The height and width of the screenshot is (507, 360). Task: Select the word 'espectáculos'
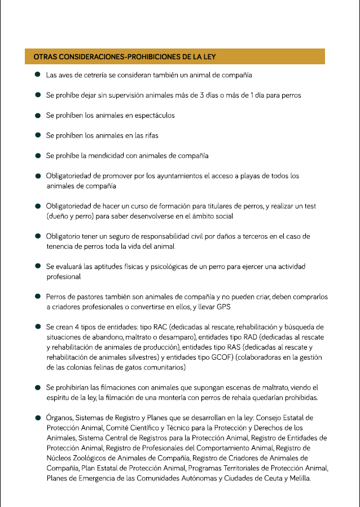(x=154, y=115)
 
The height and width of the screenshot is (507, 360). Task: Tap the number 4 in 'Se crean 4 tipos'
(x=76, y=327)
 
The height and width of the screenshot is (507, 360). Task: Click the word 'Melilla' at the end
(x=297, y=478)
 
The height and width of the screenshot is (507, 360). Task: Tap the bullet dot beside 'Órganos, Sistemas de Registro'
(x=37, y=418)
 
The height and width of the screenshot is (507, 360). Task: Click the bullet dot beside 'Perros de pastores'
(x=37, y=296)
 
